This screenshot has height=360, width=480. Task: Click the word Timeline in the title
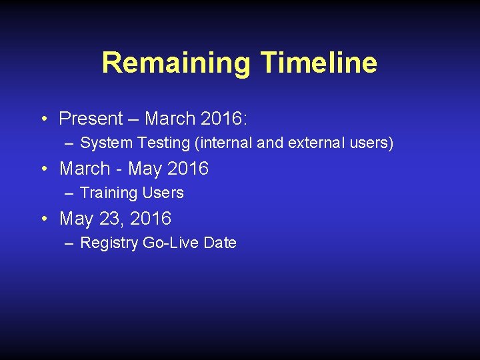click(319, 63)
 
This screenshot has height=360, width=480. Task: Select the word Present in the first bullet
click(91, 119)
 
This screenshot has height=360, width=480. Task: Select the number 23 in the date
click(110, 219)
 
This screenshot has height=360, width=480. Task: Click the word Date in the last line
click(220, 243)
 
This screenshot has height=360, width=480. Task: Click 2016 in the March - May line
click(188, 169)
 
